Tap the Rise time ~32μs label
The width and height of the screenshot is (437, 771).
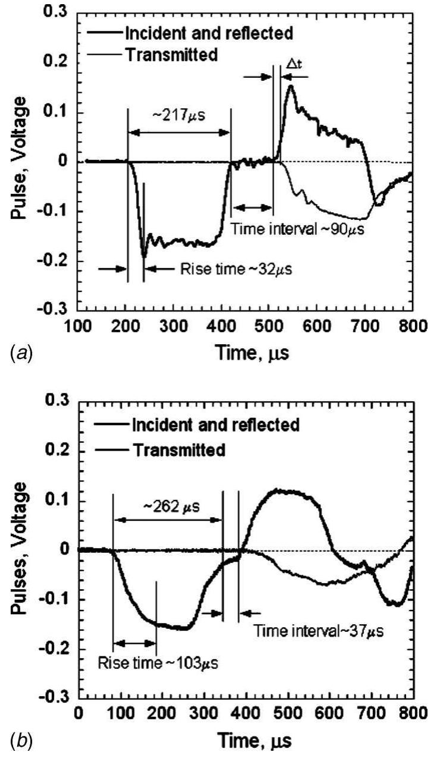coord(235,269)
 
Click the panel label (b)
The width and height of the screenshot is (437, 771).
coord(21,741)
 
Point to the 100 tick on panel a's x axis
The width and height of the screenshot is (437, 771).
coord(78,326)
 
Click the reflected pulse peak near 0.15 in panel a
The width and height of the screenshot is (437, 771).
coord(290,86)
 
